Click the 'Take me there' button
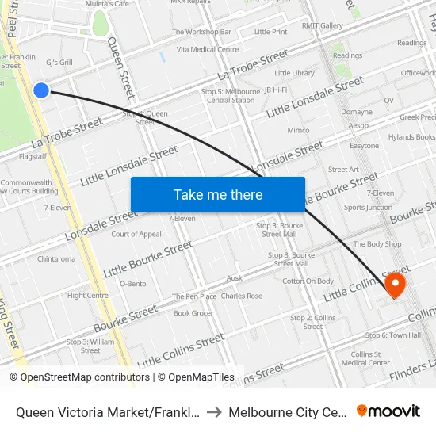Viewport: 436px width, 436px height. click(x=218, y=195)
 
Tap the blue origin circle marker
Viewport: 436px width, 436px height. click(x=41, y=90)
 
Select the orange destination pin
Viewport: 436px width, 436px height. click(x=394, y=285)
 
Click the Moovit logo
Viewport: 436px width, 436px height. click(x=388, y=411)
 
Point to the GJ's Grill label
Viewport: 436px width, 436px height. click(x=59, y=63)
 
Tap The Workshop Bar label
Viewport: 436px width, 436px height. click(x=202, y=33)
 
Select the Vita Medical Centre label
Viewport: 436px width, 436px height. click(x=208, y=49)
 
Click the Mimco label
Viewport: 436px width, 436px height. click(x=298, y=130)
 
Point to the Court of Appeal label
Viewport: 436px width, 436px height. click(x=136, y=234)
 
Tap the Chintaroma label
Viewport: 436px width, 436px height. click(x=56, y=258)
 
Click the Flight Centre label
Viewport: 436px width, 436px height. click(x=88, y=296)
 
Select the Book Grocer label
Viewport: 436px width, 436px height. click(x=193, y=313)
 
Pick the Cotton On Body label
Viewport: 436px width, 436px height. click(x=308, y=281)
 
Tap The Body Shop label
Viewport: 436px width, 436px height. click(x=377, y=244)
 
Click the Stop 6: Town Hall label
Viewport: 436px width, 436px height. click(x=394, y=335)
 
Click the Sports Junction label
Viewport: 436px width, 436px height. click(x=368, y=208)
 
